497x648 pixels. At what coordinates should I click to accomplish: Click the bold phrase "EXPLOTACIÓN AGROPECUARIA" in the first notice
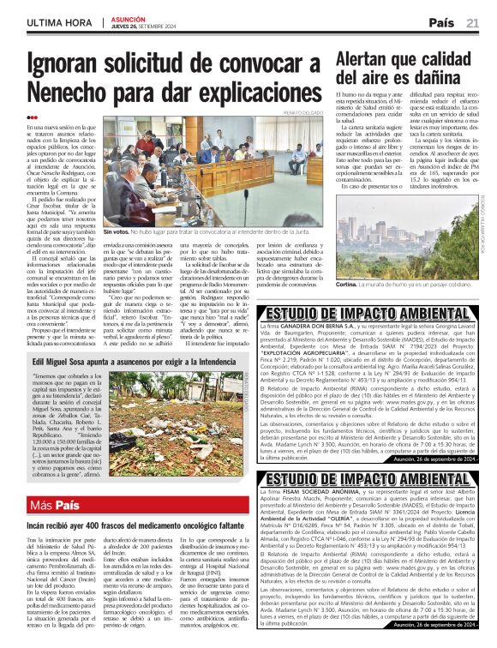331,349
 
